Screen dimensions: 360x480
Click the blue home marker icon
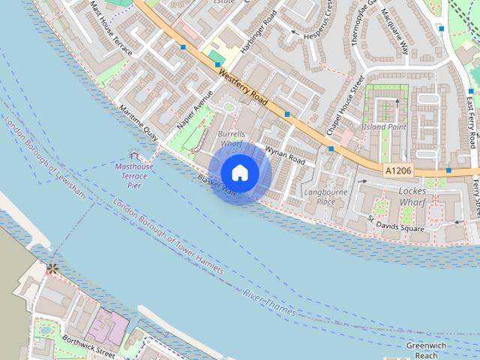(239, 172)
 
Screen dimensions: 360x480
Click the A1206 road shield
(398, 171)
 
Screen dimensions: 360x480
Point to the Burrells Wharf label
(231, 139)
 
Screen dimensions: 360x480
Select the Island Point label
(384, 127)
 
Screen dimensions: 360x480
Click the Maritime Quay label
(138, 124)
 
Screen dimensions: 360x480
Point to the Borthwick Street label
(88, 346)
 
